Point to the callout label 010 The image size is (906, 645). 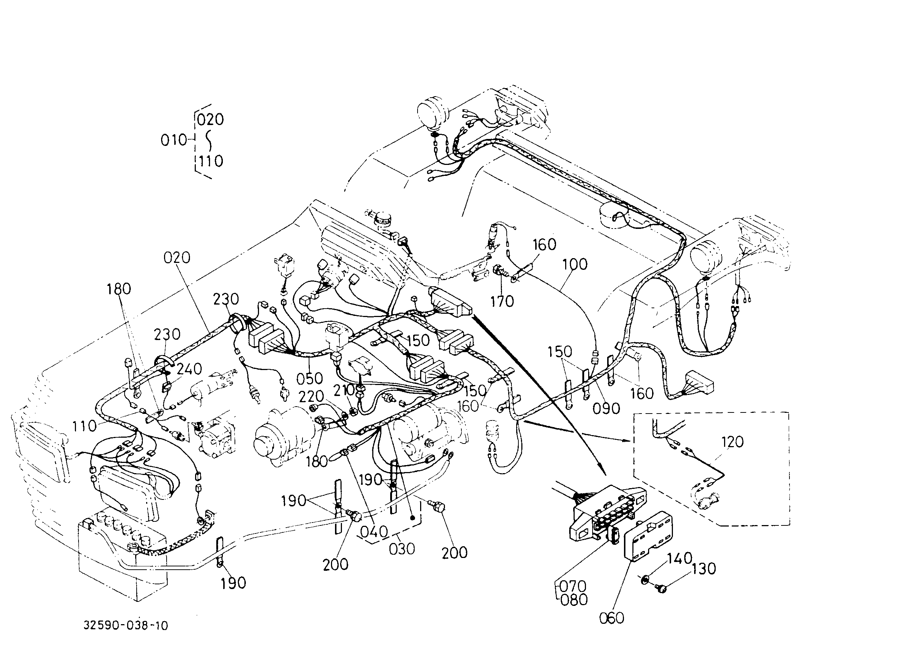pyautogui.click(x=174, y=140)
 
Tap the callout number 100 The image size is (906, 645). pyautogui.click(x=575, y=264)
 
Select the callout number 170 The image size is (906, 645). pyautogui.click(x=502, y=301)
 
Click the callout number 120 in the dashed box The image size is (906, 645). pyautogui.click(x=732, y=442)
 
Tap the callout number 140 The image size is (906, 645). pyautogui.click(x=679, y=558)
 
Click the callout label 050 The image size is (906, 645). pyautogui.click(x=309, y=378)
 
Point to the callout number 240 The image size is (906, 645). pyautogui.click(x=189, y=369)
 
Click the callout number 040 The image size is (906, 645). pyautogui.click(x=373, y=531)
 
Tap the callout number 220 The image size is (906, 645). pyautogui.click(x=312, y=396)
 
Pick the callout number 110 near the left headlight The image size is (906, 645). pyautogui.click(x=84, y=426)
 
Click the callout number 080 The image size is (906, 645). pyautogui.click(x=574, y=600)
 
